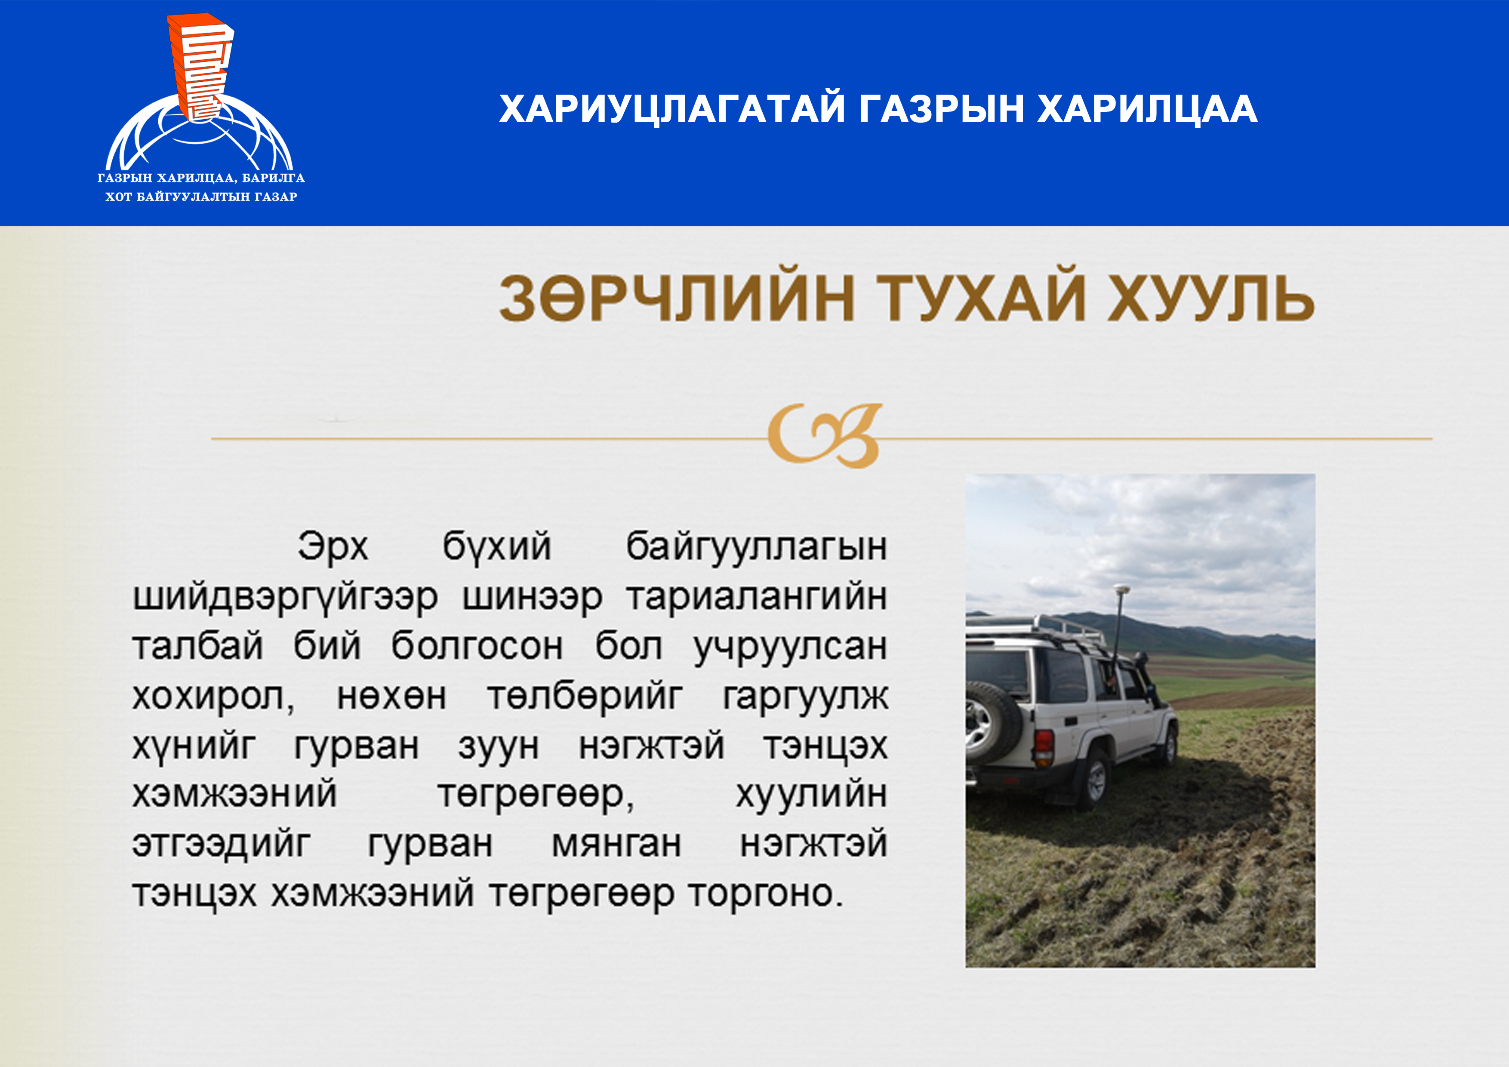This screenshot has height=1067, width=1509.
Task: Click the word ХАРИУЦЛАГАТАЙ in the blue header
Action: point(671,109)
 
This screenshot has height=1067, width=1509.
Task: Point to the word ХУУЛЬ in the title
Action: point(1210,299)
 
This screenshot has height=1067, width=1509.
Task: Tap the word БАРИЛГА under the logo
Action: point(274,178)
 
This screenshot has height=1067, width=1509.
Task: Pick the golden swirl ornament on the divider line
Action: point(825,435)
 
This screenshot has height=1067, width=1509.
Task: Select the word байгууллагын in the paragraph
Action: point(756,547)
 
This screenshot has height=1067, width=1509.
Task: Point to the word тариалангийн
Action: point(757,597)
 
